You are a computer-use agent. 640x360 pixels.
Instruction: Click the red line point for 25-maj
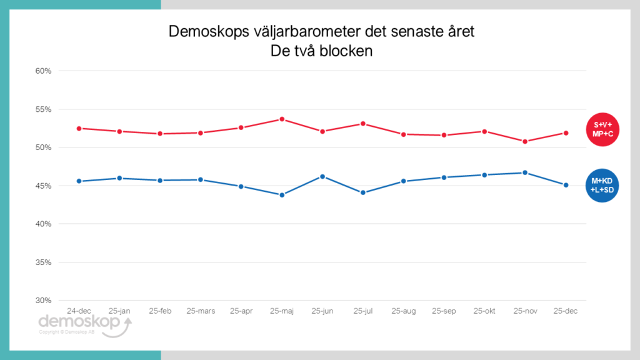pos(282,119)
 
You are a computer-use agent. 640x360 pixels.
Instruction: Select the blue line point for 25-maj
pos(282,195)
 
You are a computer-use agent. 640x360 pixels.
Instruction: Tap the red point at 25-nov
pos(525,141)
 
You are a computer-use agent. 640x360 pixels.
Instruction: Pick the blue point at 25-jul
pos(363,192)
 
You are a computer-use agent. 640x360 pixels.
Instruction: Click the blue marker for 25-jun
pos(322,176)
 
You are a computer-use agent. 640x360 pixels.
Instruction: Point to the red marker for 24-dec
pos(79,128)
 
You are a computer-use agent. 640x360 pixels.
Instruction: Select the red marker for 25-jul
pos(363,124)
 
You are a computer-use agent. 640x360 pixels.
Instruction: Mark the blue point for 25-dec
pos(566,185)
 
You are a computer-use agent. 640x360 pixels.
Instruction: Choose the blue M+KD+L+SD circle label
pos(602,186)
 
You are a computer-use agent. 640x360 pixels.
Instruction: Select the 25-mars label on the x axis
pos(201,311)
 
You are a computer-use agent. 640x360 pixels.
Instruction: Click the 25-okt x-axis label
pos(484,311)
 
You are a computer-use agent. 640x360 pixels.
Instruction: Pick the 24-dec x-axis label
pos(79,311)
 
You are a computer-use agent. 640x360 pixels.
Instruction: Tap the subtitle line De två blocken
pos(321,51)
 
